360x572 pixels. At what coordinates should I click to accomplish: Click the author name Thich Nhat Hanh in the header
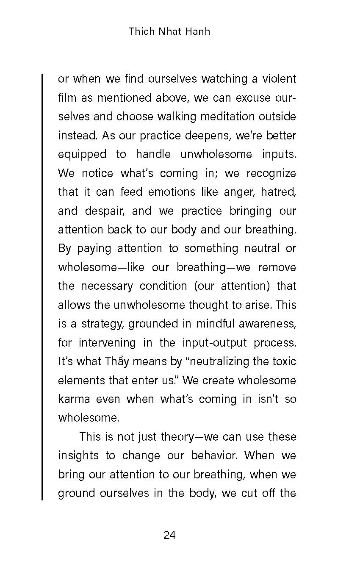pyautogui.click(x=169, y=32)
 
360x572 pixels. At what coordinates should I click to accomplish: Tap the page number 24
pyautogui.click(x=169, y=536)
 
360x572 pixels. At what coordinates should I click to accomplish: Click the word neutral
pyautogui.click(x=260, y=248)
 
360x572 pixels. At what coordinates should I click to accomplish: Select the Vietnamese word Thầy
pyautogui.click(x=117, y=361)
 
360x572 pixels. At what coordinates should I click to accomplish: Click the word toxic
pyautogui.click(x=285, y=361)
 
